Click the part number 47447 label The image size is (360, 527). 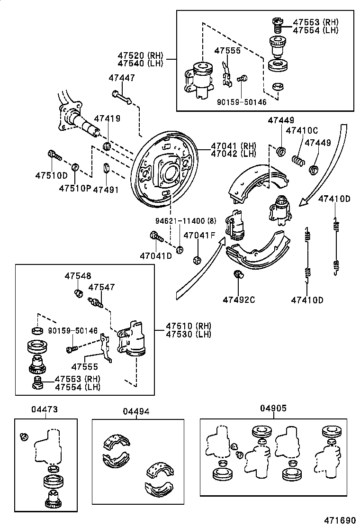click(x=121, y=78)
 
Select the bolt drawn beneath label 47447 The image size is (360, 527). click(x=122, y=97)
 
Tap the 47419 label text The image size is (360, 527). click(x=107, y=119)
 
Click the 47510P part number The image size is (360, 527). click(x=74, y=189)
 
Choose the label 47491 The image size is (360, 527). click(x=106, y=189)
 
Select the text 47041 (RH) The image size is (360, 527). click(x=233, y=146)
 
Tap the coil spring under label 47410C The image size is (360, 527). click(x=297, y=161)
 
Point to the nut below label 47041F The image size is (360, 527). click(x=197, y=260)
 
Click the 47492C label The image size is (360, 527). click(x=239, y=300)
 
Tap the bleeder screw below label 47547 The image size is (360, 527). click(x=96, y=301)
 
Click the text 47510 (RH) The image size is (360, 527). click(x=188, y=326)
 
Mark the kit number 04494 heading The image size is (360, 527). click(x=136, y=411)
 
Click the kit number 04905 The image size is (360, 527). click(x=273, y=408)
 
